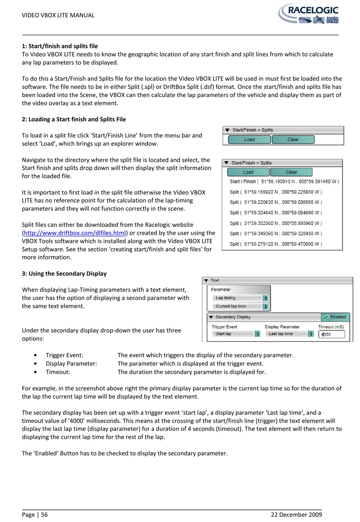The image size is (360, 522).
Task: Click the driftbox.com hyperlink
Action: click(x=75, y=233)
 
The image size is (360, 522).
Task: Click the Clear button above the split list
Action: click(x=291, y=172)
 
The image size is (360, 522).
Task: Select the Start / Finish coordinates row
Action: click(x=284, y=181)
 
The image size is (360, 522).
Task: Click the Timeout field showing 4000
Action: click(x=332, y=334)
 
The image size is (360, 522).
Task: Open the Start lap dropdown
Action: click(x=236, y=334)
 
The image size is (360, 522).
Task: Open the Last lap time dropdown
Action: click(x=289, y=334)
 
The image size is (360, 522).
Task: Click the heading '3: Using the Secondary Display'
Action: click(x=64, y=274)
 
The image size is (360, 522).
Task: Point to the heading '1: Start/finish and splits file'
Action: click(x=60, y=46)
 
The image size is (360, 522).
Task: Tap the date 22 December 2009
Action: click(x=296, y=514)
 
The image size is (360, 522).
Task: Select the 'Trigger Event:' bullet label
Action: click(x=64, y=355)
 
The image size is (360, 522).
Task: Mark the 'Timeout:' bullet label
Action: click(x=58, y=372)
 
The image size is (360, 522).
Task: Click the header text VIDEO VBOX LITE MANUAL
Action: click(x=58, y=15)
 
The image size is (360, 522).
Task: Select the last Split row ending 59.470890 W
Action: click(x=275, y=244)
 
